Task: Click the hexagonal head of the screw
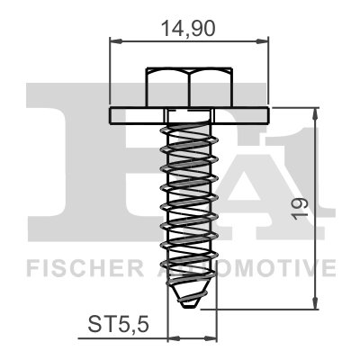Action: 189,87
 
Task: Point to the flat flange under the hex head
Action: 189,115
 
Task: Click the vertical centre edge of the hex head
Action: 189,88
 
